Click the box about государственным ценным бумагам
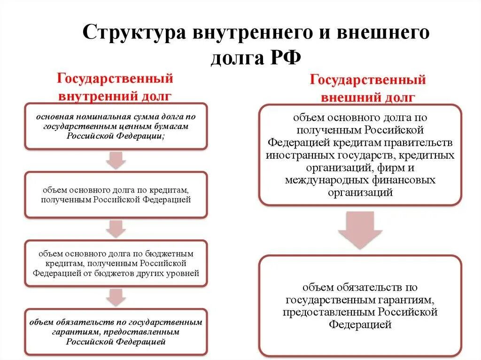point(116,126)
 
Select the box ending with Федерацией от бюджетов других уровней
point(116,263)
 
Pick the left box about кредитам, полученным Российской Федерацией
point(116,195)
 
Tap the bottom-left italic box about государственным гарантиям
point(116,332)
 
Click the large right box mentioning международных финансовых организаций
point(360,155)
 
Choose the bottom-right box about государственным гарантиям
point(360,305)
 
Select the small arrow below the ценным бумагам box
point(116,160)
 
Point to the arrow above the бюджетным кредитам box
point(116,229)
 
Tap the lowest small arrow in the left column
point(116,297)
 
